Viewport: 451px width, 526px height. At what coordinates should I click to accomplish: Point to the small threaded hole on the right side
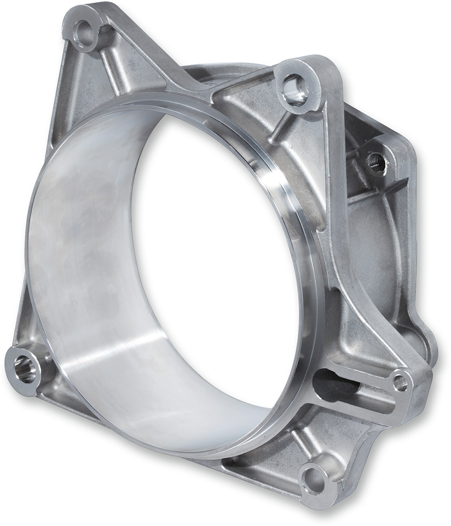pyautogui.click(x=377, y=162)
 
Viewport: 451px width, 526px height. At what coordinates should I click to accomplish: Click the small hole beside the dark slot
pyautogui.click(x=401, y=382)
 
